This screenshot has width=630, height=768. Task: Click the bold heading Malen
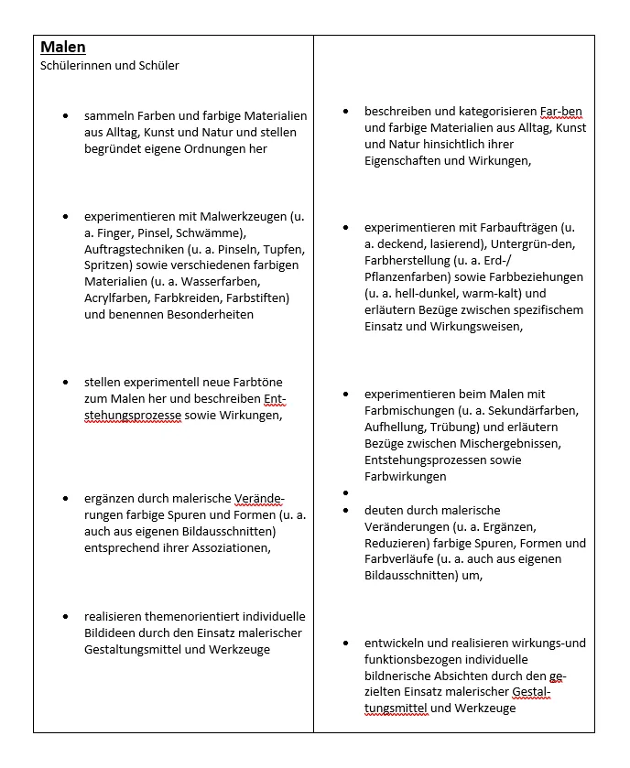click(63, 47)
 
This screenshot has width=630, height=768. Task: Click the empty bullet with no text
click(345, 492)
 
